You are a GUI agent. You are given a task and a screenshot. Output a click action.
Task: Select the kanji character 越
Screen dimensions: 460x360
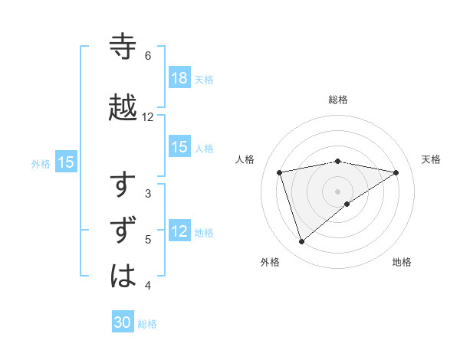pyautogui.click(x=123, y=107)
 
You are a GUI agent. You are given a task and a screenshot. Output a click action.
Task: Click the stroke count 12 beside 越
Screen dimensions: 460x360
pyautogui.click(x=148, y=117)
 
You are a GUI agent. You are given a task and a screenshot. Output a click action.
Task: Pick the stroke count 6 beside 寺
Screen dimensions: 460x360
pyautogui.click(x=147, y=56)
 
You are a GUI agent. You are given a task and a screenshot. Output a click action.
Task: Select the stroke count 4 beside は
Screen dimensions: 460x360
pyautogui.click(x=147, y=286)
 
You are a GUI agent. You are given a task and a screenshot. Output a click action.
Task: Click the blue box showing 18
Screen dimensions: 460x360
pyautogui.click(x=179, y=78)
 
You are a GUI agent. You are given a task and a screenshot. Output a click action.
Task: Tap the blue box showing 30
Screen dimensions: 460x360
pyautogui.click(x=123, y=323)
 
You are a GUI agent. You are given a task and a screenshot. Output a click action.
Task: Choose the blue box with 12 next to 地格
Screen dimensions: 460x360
pyautogui.click(x=179, y=231)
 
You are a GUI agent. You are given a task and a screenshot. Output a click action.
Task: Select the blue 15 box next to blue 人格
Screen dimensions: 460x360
pyautogui.click(x=179, y=147)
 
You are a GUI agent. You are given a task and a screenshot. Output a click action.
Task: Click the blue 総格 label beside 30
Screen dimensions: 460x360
pyautogui.click(x=147, y=324)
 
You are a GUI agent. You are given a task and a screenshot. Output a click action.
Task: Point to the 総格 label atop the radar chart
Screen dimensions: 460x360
pyautogui.click(x=338, y=100)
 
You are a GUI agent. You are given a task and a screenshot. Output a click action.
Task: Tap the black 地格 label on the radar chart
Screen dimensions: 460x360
pyautogui.click(x=402, y=262)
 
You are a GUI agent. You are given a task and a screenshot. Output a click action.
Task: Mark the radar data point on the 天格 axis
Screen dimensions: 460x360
pyautogui.click(x=396, y=172)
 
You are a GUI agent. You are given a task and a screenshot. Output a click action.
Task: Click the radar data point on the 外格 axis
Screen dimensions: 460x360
pyautogui.click(x=301, y=242)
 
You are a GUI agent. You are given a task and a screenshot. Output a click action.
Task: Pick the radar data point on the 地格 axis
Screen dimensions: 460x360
pyautogui.click(x=347, y=204)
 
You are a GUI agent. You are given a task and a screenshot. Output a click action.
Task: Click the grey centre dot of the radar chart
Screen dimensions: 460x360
pyautogui.click(x=338, y=191)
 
